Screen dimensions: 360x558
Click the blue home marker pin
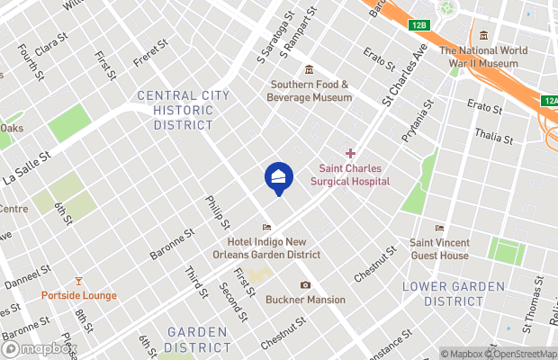[278, 176]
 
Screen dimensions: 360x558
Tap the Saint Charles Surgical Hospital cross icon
[351, 155]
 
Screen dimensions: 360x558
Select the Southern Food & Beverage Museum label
[310, 91]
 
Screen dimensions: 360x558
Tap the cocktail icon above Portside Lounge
[77, 282]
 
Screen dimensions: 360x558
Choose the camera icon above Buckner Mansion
[305, 285]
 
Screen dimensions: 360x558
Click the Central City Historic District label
[176, 110]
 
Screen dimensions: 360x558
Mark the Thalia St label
[495, 139]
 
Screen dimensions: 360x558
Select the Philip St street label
[218, 212]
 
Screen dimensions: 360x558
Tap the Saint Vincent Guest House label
[439, 248]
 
